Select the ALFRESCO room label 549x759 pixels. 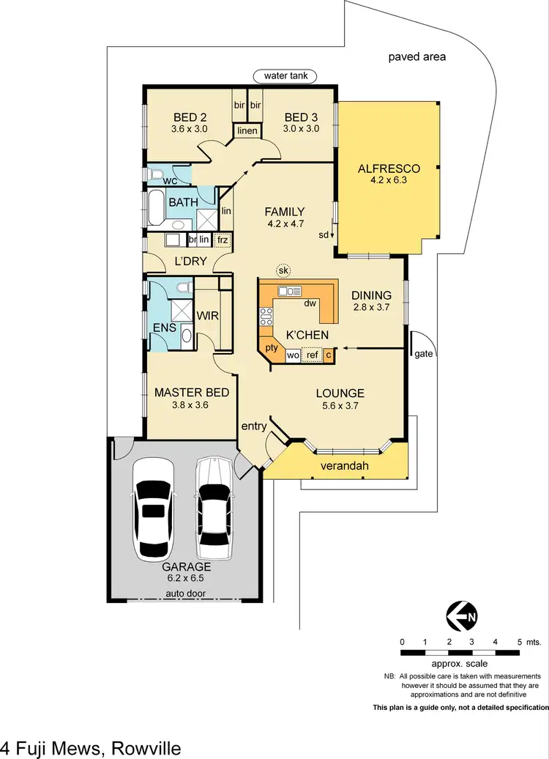tap(386, 169)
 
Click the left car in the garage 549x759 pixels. tap(154, 511)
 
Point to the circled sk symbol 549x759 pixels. tap(283, 271)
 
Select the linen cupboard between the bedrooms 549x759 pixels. tap(247, 130)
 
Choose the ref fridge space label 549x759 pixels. tap(313, 356)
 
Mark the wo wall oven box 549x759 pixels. tap(293, 356)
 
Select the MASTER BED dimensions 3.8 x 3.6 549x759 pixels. tap(191, 404)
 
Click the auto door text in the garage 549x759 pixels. tap(187, 593)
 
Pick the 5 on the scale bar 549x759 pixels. tap(519, 641)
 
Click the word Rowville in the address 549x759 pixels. tap(146, 748)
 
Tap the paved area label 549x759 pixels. tap(417, 56)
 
